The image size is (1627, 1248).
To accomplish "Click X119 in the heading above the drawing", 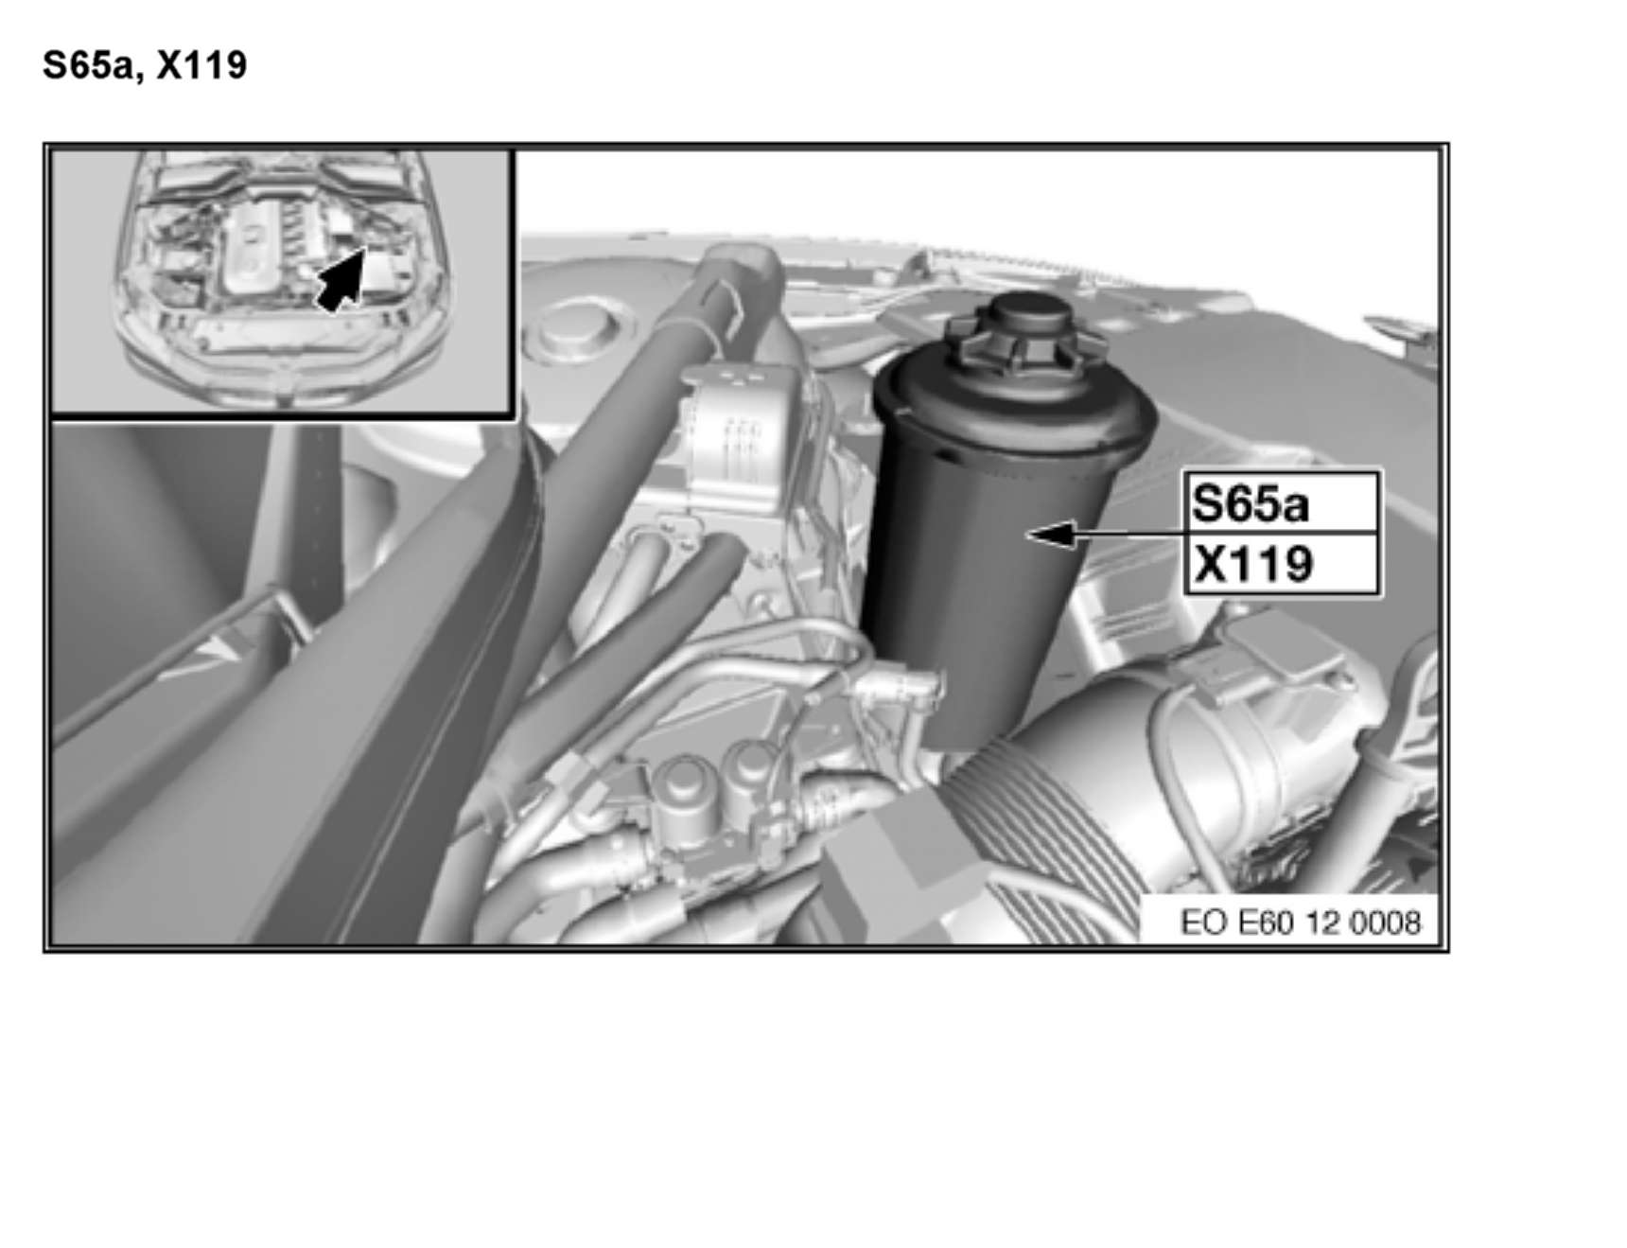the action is coord(201,65).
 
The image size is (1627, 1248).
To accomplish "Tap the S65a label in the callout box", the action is coord(1251,503).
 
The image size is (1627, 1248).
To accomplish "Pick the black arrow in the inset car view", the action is coord(342,278).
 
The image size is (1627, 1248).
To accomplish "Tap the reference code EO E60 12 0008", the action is coord(1301,923).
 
